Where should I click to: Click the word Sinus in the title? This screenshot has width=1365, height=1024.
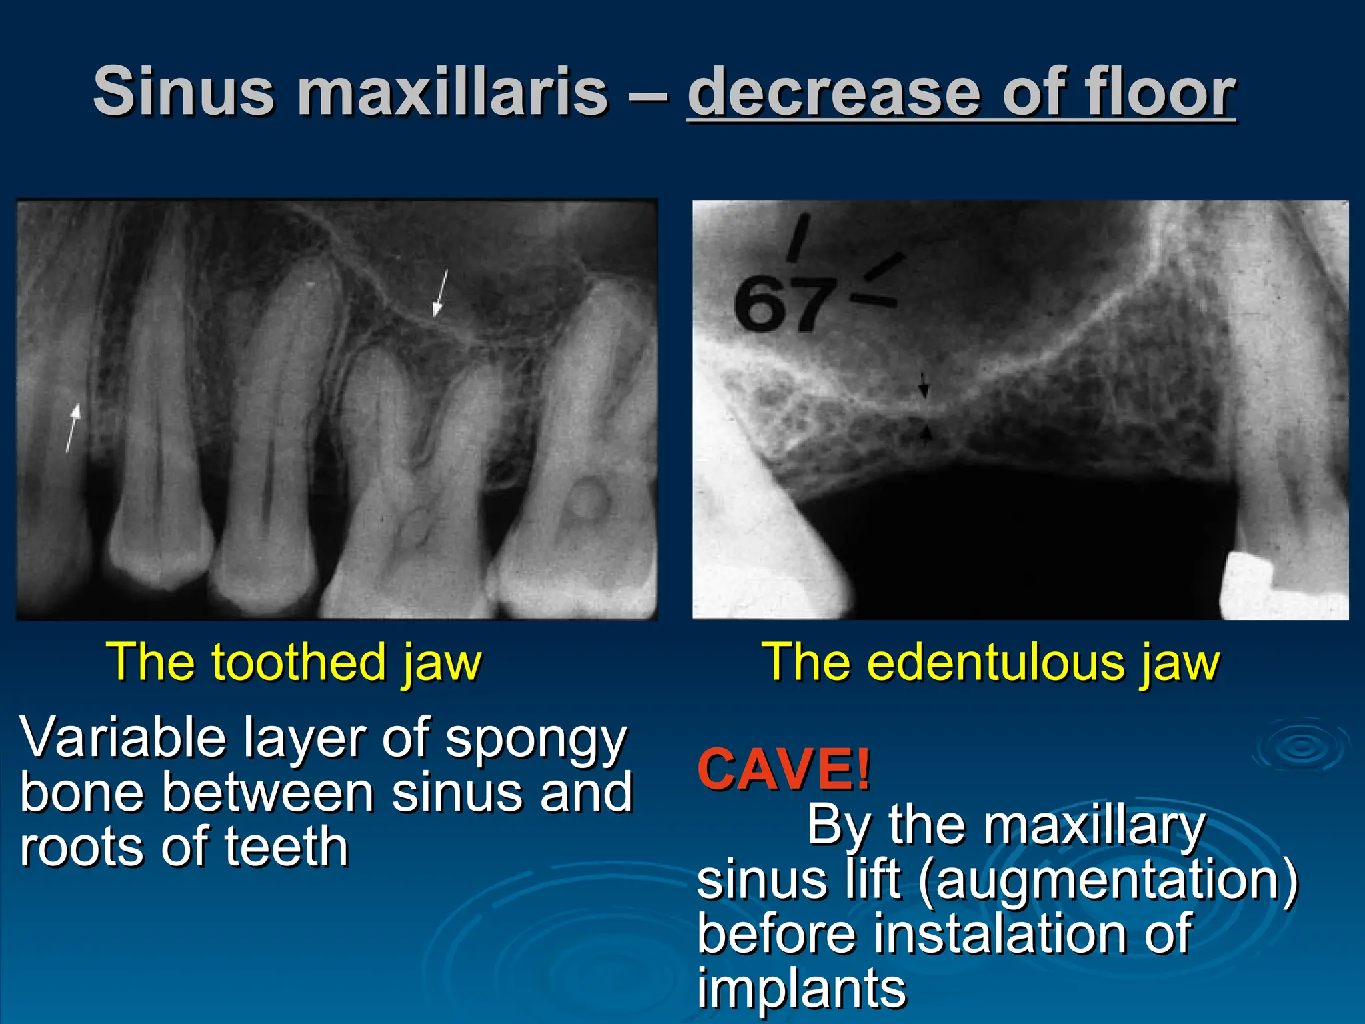[x=183, y=92]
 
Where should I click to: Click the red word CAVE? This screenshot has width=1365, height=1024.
[x=784, y=769]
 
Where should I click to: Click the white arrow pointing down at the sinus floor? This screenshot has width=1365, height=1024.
[x=439, y=293]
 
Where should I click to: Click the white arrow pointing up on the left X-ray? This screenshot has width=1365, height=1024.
[x=73, y=427]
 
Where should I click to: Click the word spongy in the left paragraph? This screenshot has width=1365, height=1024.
[x=536, y=739]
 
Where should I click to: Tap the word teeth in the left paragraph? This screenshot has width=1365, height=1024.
[x=286, y=847]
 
